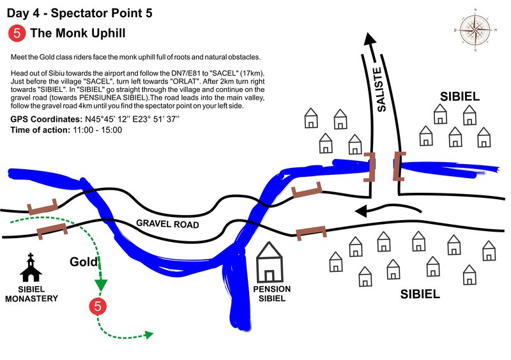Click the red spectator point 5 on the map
point(98,306)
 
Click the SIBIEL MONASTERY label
point(31,294)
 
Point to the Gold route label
point(83,262)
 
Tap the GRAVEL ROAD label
point(167,225)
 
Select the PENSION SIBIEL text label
point(271,294)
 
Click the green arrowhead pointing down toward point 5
point(100,285)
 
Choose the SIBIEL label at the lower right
point(420,294)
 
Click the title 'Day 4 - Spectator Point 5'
point(79,13)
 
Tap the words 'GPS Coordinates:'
point(46,119)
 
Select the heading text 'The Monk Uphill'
point(79,33)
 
